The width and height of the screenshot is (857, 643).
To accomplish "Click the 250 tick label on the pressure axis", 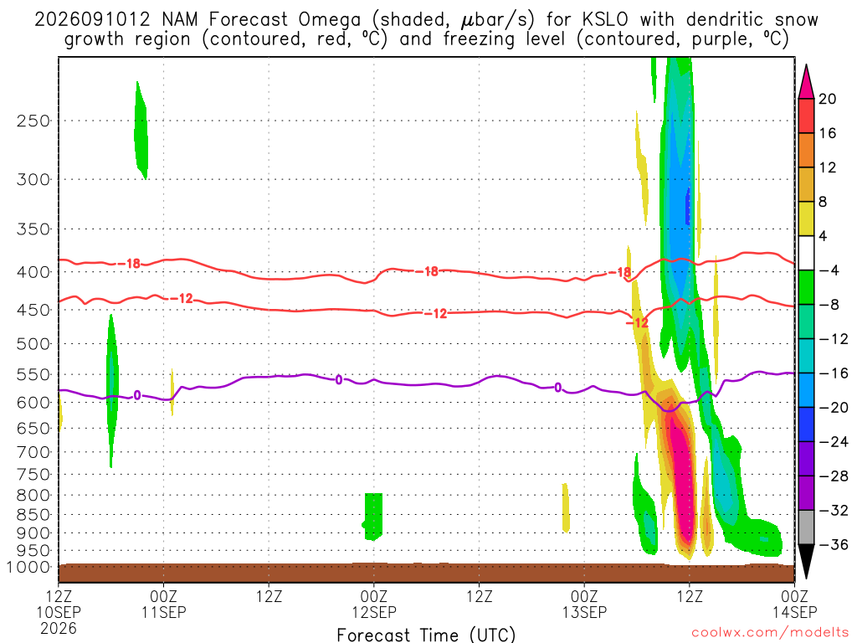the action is (x=33, y=121).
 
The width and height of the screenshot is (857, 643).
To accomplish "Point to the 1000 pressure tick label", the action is (x=28, y=567).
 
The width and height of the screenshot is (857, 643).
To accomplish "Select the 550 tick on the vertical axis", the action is (x=33, y=374).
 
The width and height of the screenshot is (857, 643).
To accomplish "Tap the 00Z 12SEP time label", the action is (x=374, y=604).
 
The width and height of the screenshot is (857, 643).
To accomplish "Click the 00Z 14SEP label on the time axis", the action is (x=795, y=604).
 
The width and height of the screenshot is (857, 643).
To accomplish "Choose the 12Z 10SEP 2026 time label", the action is (x=59, y=612).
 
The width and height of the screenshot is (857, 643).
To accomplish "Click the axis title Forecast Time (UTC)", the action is (x=426, y=635).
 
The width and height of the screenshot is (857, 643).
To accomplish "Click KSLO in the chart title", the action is (x=605, y=20).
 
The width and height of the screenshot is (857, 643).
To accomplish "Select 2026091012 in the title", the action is (x=92, y=20).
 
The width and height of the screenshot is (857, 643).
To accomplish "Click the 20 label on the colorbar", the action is (x=828, y=99).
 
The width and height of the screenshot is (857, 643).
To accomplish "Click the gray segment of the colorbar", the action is (x=806, y=527).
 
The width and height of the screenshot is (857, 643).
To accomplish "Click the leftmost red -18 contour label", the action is (x=133, y=264).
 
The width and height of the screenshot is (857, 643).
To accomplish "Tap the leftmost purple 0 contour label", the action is (x=136, y=395).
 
